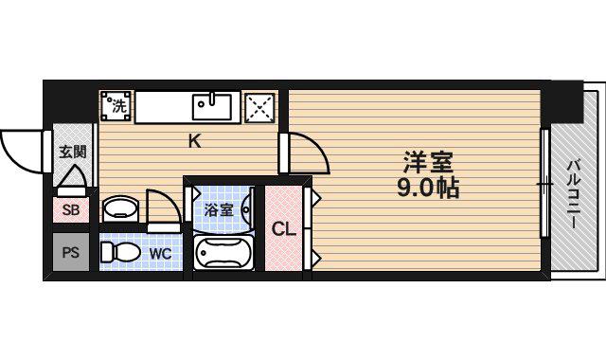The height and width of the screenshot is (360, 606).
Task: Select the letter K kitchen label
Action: pos(193,142)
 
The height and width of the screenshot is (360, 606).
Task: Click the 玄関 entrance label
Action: pos(72,151)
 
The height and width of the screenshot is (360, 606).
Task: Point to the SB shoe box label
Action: pos(71,210)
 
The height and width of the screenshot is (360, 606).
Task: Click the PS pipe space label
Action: pos(71,252)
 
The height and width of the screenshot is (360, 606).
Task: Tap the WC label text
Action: pos(159,253)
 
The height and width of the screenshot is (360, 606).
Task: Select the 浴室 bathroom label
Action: pos(219,209)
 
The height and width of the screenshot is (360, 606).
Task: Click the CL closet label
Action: pos(284,228)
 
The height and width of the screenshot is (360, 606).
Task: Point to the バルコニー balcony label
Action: pos(574,193)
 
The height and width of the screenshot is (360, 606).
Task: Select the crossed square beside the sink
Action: pos(260,107)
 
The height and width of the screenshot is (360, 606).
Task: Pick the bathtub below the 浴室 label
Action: pos(223,253)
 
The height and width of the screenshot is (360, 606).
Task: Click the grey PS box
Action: pos(71,253)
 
